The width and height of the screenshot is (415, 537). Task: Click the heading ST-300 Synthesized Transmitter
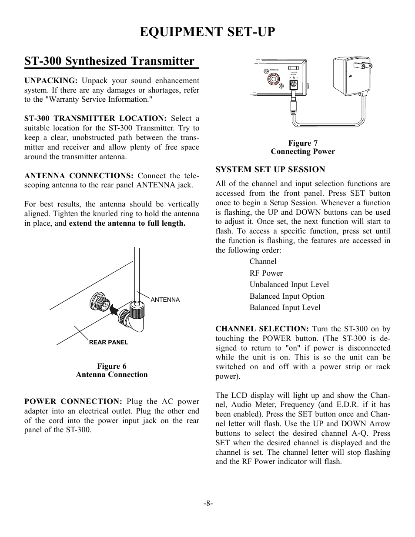109,61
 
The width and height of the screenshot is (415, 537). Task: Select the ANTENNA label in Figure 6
165,300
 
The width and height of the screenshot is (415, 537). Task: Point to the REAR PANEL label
108,342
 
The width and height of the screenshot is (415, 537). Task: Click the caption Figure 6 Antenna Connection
111,370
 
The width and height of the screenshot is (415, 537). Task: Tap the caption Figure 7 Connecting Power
303,147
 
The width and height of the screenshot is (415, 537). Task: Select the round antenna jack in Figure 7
273,80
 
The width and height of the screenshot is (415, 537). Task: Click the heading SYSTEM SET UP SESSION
270,170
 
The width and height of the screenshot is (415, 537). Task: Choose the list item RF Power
266,273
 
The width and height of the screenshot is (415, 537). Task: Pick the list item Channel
263,261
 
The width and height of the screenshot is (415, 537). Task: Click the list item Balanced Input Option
287,296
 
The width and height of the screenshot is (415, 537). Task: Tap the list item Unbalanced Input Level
289,284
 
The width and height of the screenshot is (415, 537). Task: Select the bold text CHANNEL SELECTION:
262,329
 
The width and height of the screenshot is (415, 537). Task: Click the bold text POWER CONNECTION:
73,401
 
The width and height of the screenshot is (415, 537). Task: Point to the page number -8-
207,503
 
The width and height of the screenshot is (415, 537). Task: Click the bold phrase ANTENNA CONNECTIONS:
79,176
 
